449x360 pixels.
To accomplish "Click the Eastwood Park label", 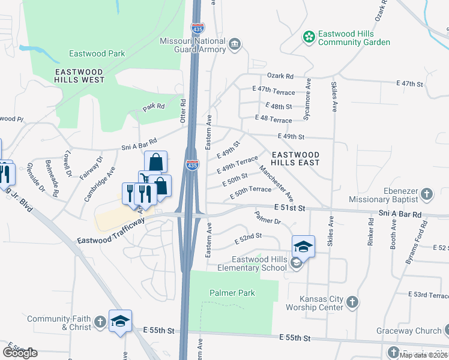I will click(x=97, y=53).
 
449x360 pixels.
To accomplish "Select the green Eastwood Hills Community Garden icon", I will click(x=309, y=37).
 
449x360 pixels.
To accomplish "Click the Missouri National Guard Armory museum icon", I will click(x=235, y=44).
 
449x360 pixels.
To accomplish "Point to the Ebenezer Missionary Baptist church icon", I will click(x=426, y=194).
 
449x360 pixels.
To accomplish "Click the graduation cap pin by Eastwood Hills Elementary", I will click(x=303, y=246).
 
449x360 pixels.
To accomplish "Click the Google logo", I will click(x=19, y=352).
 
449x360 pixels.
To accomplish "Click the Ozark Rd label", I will click(x=280, y=76).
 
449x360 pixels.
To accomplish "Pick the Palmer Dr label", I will click(x=267, y=217).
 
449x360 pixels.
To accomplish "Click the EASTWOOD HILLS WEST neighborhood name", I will click(x=79, y=75).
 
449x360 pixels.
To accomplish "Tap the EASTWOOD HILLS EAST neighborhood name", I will click(x=295, y=158).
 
